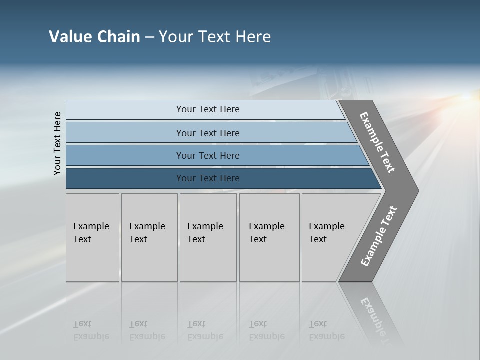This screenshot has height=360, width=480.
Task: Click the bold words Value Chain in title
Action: pyautogui.click(x=94, y=37)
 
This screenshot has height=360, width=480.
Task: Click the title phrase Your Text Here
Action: pyautogui.click(x=215, y=37)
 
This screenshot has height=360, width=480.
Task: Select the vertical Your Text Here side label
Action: pyautogui.click(x=57, y=143)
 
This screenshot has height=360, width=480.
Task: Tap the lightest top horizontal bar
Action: pyautogui.click(x=207, y=109)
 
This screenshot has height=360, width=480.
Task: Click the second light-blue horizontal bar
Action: pyautogui.click(x=207, y=133)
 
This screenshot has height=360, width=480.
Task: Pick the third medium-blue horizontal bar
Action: pyautogui.click(x=207, y=155)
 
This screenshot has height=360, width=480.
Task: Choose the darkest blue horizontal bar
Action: pyautogui.click(x=207, y=178)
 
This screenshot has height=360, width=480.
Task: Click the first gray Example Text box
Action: pyautogui.click(x=92, y=237)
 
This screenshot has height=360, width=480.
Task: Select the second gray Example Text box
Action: pyautogui.click(x=149, y=237)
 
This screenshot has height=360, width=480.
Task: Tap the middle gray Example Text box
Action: pyautogui.click(x=208, y=237)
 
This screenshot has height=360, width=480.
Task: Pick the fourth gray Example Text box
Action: pyautogui.click(x=269, y=237)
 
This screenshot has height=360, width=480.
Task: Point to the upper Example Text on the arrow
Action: pyautogui.click(x=377, y=142)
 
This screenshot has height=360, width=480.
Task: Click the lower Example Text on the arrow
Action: pyautogui.click(x=378, y=236)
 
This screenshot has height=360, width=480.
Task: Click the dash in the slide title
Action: pyautogui.click(x=149, y=37)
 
